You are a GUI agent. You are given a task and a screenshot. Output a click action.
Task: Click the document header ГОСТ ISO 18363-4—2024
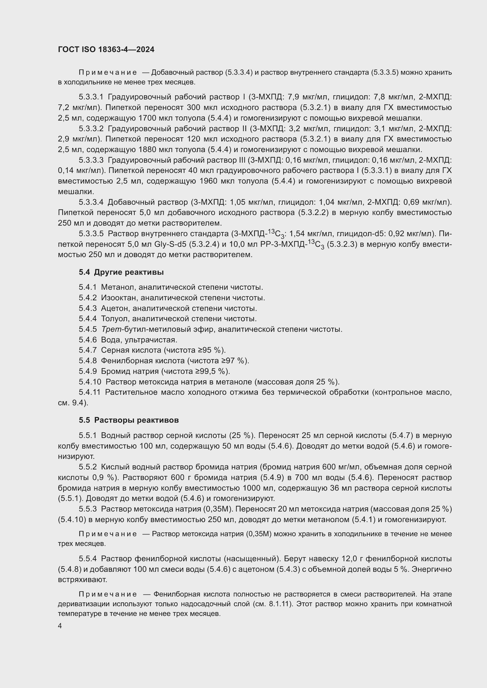[x=106, y=49]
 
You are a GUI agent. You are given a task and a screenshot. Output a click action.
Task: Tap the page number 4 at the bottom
[x=60, y=626]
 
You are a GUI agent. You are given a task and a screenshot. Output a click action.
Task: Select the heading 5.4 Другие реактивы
[x=121, y=272]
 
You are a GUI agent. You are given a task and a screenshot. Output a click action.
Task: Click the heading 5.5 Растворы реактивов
[x=129, y=420]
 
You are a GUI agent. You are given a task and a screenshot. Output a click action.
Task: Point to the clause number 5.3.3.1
[x=91, y=97]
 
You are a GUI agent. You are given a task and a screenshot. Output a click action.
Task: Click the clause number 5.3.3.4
[x=91, y=202]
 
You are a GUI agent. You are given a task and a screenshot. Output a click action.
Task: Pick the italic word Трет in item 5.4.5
[x=111, y=329]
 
